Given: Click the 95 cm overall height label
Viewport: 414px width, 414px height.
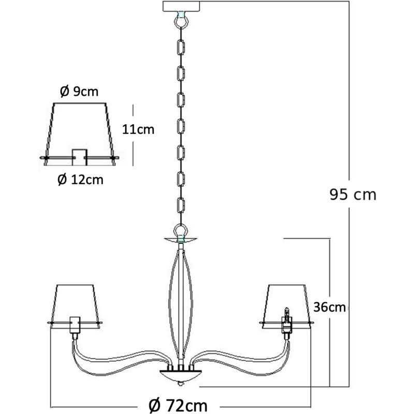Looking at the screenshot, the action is coord(353,195).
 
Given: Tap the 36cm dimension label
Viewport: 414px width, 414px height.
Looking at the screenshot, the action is coord(329,307).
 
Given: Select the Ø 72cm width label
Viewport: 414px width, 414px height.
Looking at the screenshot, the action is coord(178,405).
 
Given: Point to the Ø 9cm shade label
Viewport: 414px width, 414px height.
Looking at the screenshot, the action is coord(79,92).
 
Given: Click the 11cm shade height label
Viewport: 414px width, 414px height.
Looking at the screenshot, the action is coord(138,129).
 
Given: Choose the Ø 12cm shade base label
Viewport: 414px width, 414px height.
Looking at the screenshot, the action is coord(80,180).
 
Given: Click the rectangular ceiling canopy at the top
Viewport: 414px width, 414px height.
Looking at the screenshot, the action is coord(181,6).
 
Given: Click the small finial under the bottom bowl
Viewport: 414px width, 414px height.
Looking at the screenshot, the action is coord(181,383).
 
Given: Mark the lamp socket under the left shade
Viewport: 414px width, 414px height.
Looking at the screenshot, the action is coord(75,325).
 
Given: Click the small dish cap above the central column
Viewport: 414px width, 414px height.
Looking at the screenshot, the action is coord(181,240).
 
